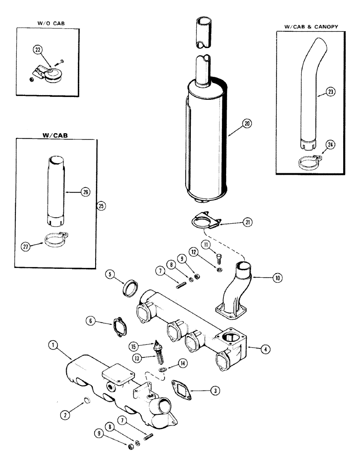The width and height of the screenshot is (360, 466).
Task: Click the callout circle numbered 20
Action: [247, 123]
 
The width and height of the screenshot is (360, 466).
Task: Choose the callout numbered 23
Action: [318, 92]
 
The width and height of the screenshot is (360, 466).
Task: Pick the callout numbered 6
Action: [91, 321]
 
